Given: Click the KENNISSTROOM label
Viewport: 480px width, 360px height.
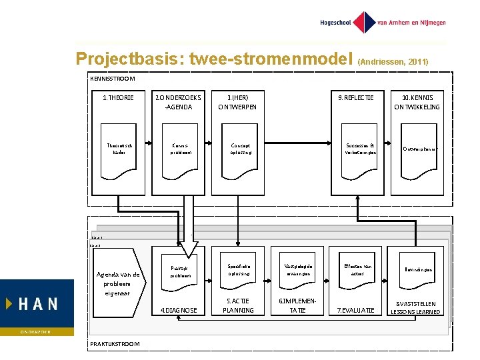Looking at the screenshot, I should [112, 79].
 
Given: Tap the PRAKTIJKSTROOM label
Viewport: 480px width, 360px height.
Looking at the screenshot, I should [114, 343].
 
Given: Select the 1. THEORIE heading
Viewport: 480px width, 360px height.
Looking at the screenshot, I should [118, 98].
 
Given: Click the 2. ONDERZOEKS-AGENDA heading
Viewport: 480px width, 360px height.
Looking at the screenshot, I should [178, 102].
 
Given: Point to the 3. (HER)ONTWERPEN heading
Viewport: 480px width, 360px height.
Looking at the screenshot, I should [238, 102].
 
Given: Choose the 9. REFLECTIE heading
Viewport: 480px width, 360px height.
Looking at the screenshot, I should [356, 98].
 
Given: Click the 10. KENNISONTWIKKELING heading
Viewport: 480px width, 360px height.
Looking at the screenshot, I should [417, 102].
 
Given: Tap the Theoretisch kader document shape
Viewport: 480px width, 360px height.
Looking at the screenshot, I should [119, 153].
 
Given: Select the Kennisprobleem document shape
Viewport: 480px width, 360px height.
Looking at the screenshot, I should [179, 153].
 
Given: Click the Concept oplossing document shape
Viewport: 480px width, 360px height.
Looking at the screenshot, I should [239, 153].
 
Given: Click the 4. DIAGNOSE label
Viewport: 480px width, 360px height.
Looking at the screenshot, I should [179, 310].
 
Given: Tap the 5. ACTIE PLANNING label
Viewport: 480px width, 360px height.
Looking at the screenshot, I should [239, 305].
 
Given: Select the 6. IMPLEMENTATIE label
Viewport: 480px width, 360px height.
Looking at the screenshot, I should [298, 305].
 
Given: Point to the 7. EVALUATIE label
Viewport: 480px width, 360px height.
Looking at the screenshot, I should [357, 310].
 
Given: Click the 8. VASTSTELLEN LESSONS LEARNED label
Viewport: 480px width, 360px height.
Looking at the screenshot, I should [416, 307].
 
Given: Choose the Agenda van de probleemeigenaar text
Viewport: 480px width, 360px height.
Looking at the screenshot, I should [118, 283].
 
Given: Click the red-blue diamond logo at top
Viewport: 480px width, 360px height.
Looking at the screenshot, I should [364, 23].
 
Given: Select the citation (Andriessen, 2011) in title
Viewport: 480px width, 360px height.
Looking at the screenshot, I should [393, 61].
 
